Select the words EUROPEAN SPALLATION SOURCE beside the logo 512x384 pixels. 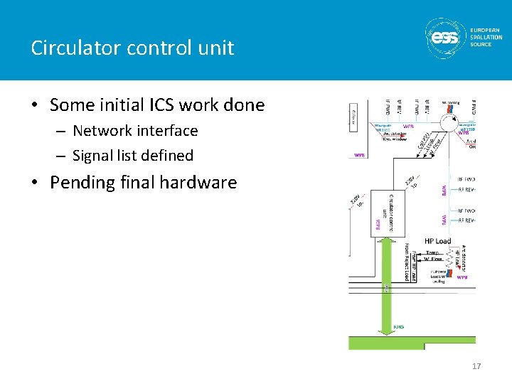click(486, 37)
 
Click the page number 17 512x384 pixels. click(476, 366)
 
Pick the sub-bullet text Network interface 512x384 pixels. click(135, 131)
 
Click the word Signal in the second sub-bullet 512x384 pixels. click(93, 155)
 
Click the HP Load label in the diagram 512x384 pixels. click(437, 241)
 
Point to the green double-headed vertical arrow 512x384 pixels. click(387, 284)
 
